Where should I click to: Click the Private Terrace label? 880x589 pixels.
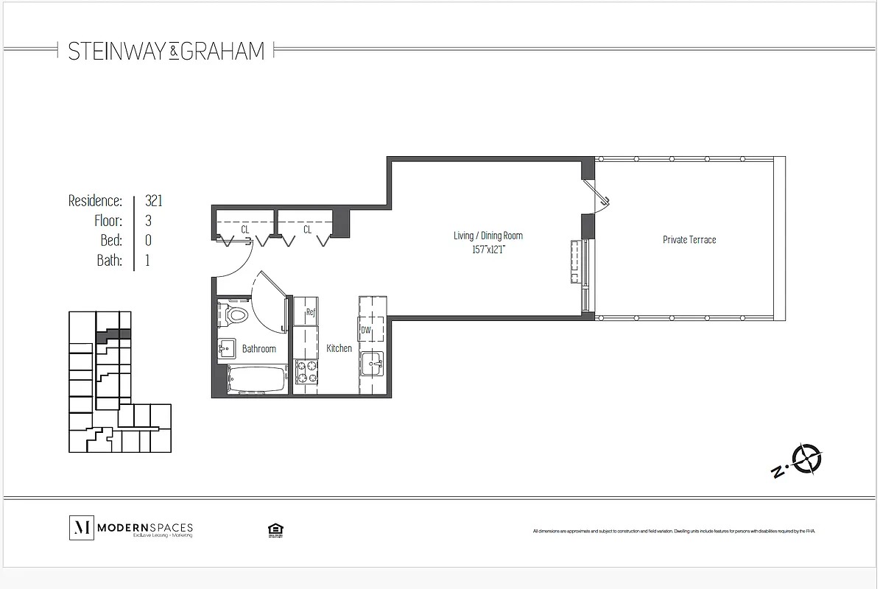click(689, 239)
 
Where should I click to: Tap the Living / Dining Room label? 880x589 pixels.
click(487, 236)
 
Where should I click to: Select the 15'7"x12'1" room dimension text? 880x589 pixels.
click(487, 250)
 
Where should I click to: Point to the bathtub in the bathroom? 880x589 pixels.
click(255, 380)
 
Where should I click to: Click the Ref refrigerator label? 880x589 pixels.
click(311, 312)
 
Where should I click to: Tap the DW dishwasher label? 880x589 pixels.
click(366, 330)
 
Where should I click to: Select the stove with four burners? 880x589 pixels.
click(306, 372)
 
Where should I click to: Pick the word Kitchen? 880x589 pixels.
click(339, 348)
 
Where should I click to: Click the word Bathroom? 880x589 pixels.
click(259, 348)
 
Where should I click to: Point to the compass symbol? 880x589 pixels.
click(809, 459)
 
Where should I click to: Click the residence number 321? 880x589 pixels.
click(154, 200)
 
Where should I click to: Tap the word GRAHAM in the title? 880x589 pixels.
click(222, 51)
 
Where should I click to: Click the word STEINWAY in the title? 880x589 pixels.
click(117, 51)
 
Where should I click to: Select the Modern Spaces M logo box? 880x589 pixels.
click(80, 527)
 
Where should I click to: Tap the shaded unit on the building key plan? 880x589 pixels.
click(112, 334)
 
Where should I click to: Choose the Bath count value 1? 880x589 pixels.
click(147, 260)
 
